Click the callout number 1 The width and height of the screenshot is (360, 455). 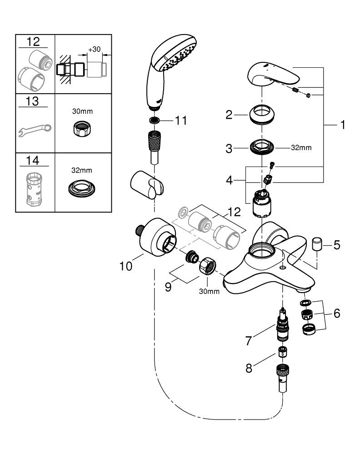pos(342,124)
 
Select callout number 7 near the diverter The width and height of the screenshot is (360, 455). pos(248,341)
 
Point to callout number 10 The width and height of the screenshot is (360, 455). pos(126,265)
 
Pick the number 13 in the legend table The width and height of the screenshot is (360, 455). pos(33,101)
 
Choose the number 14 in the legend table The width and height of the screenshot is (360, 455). pos(33,160)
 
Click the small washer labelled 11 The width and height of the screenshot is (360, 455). pos(155,121)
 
